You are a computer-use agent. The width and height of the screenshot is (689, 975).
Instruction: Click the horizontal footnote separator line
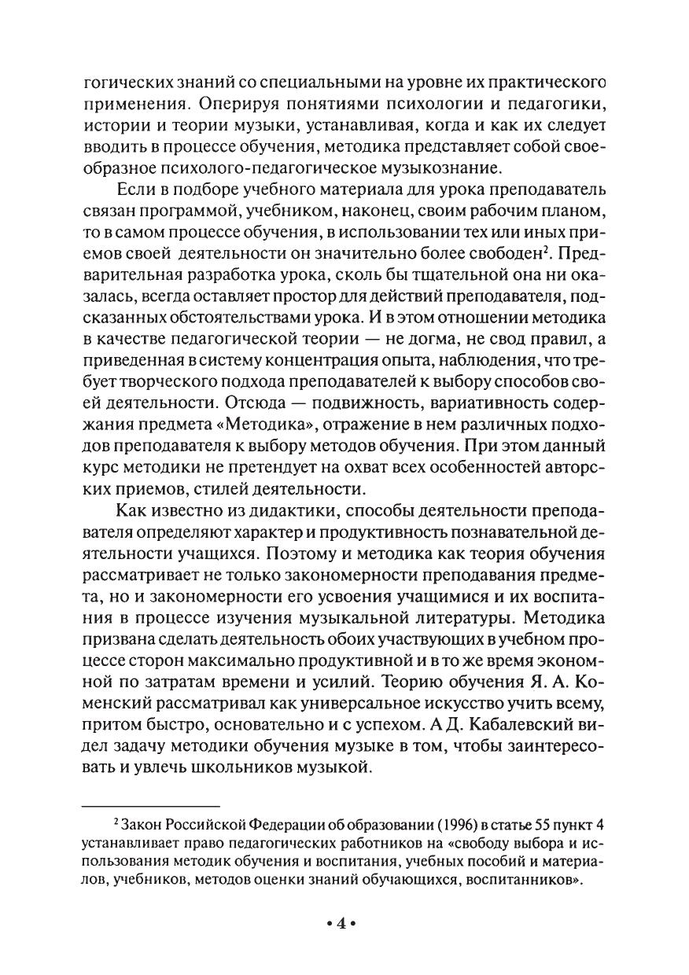coord(150,805)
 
